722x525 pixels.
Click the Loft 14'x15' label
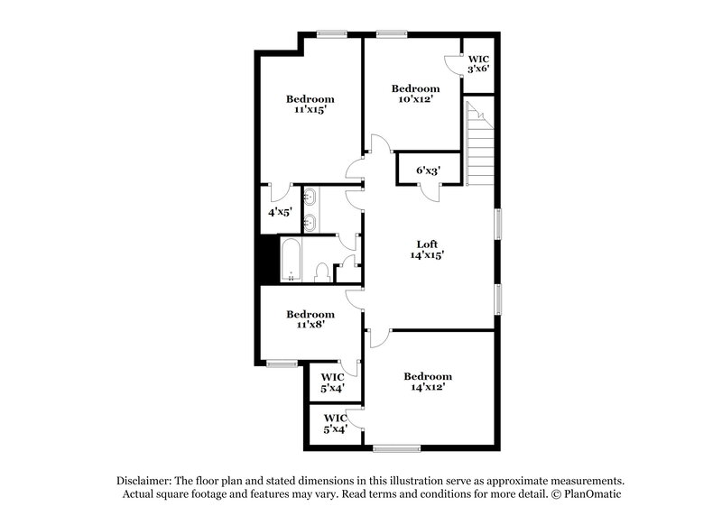coord(427,250)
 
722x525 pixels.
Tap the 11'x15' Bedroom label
coord(310,104)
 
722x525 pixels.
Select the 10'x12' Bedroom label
coord(415,94)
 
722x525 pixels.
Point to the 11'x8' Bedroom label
coord(310,319)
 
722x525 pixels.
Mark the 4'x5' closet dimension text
coord(279,213)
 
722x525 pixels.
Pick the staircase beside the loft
coord(478,144)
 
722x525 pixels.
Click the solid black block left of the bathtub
coord(267,260)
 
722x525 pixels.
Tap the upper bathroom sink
coord(310,196)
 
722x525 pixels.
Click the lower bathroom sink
coord(310,221)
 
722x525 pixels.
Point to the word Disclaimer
coord(147,481)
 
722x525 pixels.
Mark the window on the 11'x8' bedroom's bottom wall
coord(282,364)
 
